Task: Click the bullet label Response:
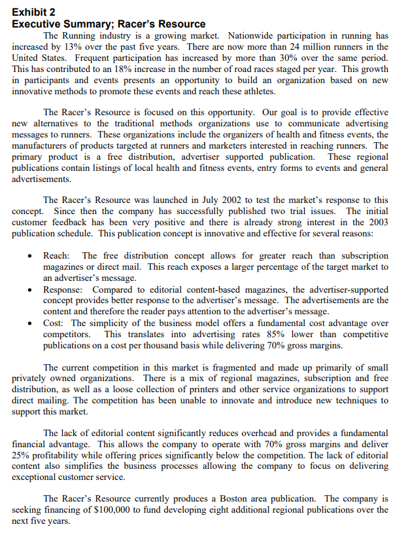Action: pos(65,289)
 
